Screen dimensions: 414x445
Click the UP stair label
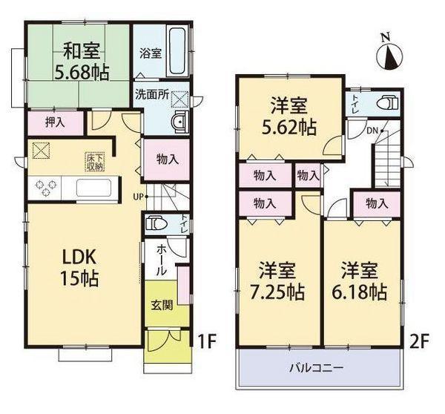click(139, 197)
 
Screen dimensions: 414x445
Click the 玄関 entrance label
click(163, 305)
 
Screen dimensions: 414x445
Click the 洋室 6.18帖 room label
click(363, 280)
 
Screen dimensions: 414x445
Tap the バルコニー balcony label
click(318, 367)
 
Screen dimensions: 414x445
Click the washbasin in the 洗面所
click(177, 122)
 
